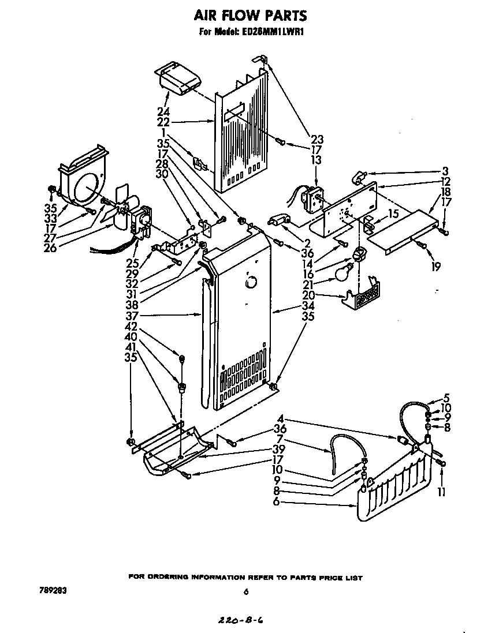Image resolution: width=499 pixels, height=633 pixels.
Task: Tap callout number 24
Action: [163, 111]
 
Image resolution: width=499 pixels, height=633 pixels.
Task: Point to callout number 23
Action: [317, 139]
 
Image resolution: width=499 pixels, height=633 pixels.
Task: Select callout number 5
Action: [446, 398]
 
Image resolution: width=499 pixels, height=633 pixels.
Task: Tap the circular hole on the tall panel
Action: [250, 283]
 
